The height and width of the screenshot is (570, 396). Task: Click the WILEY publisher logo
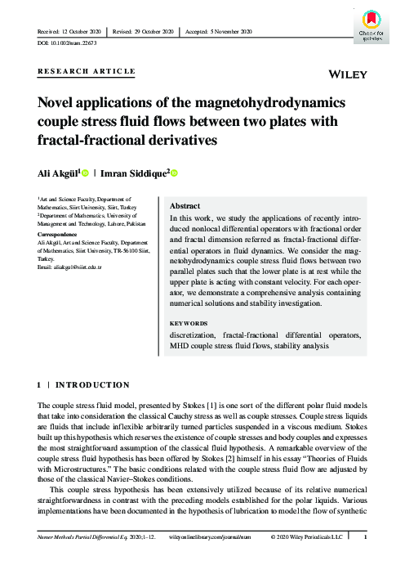[346, 74]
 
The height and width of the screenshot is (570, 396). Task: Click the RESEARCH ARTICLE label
[87, 72]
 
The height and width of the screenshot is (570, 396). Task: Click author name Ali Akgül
[59, 173]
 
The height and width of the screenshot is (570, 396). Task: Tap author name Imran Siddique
[133, 173]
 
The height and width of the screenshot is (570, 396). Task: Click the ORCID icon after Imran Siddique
[173, 173]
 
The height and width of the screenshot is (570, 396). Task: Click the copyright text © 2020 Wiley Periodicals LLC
[314, 560]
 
